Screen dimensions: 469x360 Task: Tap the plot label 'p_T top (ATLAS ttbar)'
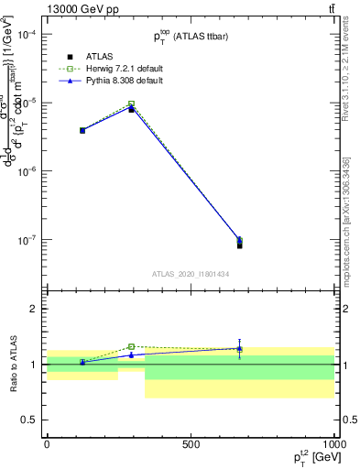[191, 36]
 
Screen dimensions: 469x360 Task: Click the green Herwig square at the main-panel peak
[132, 104]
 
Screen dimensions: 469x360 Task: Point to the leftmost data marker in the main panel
[82, 130]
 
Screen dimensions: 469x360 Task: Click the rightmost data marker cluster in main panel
[239, 242]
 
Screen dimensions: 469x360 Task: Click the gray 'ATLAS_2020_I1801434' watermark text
[191, 274]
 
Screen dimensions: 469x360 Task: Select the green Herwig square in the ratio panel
[132, 346]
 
